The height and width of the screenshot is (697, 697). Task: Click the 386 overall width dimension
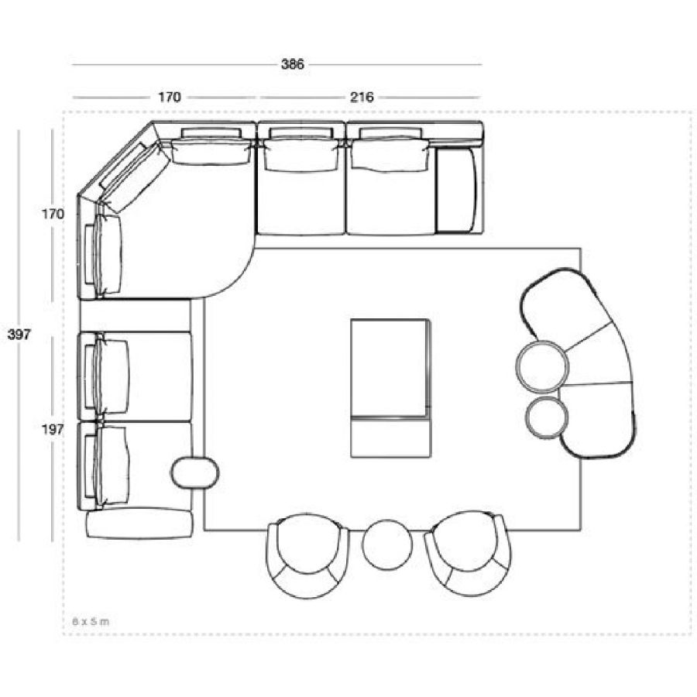(293, 64)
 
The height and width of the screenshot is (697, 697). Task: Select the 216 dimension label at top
(362, 98)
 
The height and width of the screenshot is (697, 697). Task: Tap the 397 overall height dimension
(19, 335)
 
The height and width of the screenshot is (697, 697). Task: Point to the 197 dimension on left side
(53, 430)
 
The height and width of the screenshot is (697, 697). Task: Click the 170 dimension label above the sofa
(170, 98)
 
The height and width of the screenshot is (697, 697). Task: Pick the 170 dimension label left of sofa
(53, 215)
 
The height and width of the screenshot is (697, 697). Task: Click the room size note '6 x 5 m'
(91, 621)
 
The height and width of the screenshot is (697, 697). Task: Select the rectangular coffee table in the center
(390, 388)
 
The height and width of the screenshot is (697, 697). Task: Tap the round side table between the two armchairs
(387, 545)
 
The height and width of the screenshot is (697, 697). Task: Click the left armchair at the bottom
(308, 555)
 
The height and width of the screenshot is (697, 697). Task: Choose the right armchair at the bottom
(468, 553)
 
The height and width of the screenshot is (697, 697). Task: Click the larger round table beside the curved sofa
(542, 367)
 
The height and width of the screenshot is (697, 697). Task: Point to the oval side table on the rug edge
(195, 473)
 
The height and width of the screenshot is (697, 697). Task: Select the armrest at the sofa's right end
(455, 191)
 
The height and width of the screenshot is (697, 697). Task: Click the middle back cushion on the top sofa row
(301, 155)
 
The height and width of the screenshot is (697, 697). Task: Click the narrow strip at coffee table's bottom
(390, 438)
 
